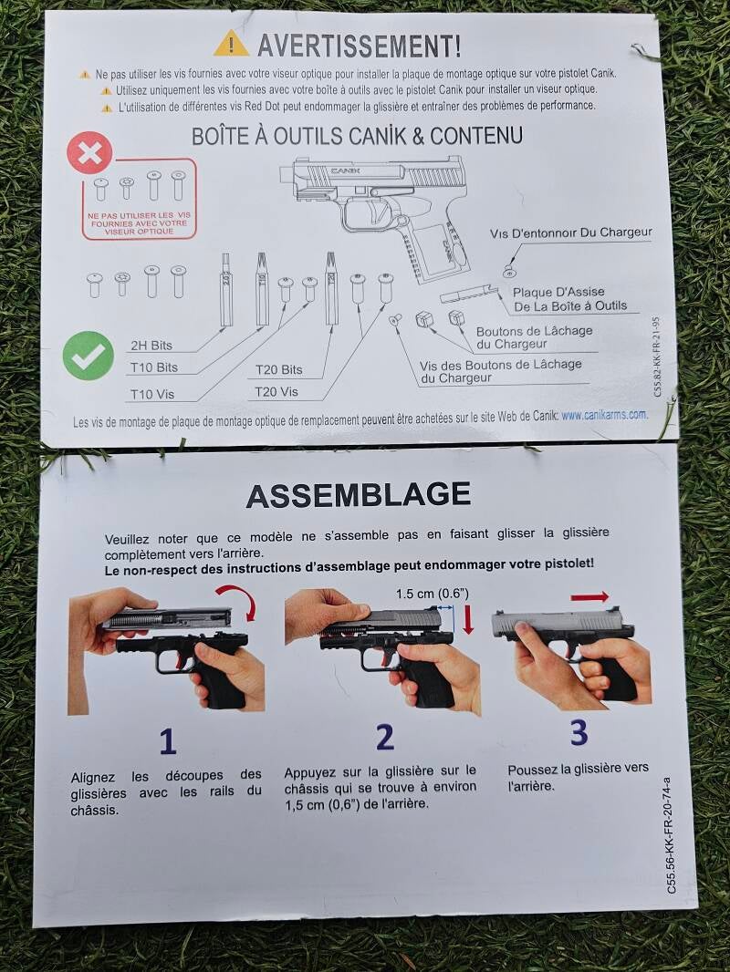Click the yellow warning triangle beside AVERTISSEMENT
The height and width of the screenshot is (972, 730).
(231, 44)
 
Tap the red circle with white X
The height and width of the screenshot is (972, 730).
(90, 153)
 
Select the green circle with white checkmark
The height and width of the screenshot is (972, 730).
(89, 356)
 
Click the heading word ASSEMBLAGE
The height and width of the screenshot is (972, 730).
(359, 495)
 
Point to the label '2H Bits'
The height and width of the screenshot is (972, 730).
(151, 346)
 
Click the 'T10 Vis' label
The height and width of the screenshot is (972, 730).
(152, 394)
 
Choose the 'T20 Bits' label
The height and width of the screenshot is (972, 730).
(279, 370)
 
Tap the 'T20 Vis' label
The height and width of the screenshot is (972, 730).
(276, 392)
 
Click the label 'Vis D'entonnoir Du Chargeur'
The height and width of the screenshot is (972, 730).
(570, 233)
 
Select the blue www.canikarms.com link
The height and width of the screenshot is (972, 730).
(604, 415)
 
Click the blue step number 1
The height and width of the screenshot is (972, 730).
(168, 741)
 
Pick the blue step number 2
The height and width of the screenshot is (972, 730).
(385, 737)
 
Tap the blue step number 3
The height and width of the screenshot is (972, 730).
(579, 732)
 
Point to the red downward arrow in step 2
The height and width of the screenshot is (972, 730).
(468, 619)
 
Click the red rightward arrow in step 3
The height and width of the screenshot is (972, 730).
(589, 597)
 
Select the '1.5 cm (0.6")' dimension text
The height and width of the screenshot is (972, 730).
(433, 594)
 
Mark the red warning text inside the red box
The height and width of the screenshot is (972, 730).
(140, 223)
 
